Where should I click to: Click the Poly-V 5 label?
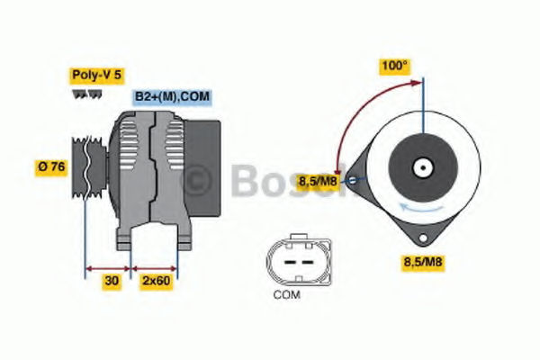[97, 75]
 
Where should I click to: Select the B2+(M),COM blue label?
[172, 96]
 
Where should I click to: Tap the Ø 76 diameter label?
[51, 167]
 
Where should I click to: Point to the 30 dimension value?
[112, 281]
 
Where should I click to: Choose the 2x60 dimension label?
[157, 281]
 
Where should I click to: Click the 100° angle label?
[395, 66]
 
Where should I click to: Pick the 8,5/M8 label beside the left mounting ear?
[318, 182]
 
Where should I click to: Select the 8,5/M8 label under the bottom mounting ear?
[423, 262]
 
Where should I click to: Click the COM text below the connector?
[287, 295]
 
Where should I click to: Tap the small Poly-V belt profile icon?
[87, 94]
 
